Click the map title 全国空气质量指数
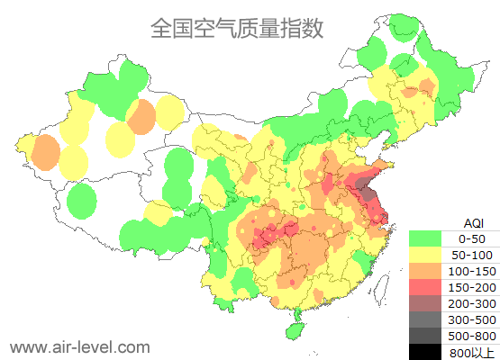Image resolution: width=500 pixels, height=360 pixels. pyautogui.click(x=236, y=29)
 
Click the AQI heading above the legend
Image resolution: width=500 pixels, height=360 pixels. pyautogui.click(x=473, y=222)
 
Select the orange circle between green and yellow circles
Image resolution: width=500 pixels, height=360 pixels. pyautogui.click(x=141, y=116)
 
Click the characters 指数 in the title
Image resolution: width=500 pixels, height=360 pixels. pyautogui.click(x=302, y=29)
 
